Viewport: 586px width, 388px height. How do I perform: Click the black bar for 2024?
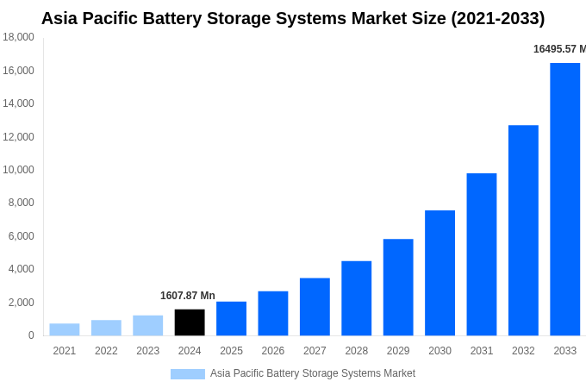click(x=190, y=322)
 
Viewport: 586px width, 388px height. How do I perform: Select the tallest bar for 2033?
click(x=564, y=199)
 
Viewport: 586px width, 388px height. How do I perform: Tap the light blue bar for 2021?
click(x=65, y=329)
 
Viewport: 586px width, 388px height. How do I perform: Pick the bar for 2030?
click(x=439, y=273)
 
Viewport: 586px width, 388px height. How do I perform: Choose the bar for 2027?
click(x=315, y=307)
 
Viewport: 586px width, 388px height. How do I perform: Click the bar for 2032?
click(x=523, y=230)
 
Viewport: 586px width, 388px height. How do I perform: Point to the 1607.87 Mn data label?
click(x=188, y=296)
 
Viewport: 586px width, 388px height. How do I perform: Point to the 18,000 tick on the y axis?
click(x=19, y=37)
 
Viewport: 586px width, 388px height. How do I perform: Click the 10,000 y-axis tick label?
click(x=19, y=170)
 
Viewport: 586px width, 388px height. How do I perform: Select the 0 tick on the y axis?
click(x=31, y=335)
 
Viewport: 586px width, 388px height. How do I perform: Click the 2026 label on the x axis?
click(x=273, y=351)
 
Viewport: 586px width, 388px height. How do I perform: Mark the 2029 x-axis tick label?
click(x=398, y=351)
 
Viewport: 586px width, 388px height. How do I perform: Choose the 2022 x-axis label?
click(x=106, y=351)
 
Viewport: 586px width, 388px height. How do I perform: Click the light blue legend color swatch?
click(x=188, y=374)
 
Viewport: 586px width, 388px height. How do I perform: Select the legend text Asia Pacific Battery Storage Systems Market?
click(x=313, y=373)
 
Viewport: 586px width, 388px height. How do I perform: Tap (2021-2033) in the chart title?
click(x=498, y=18)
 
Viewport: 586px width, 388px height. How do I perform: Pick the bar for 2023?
click(x=148, y=326)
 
